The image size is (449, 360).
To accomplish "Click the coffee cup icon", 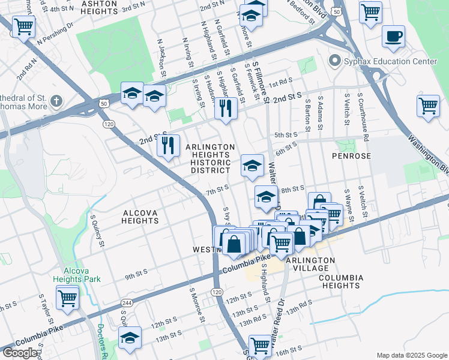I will coord(394,37).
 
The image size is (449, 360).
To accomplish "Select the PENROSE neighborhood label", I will coord(352,155).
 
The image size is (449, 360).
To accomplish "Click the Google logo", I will coord(20,353).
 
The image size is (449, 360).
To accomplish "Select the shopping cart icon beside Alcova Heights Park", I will coord(67,296).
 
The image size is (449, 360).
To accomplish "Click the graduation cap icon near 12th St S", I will coord(130,339).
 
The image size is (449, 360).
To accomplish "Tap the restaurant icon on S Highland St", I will coord(226,109).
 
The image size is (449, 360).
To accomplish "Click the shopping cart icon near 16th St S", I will coord(260,345).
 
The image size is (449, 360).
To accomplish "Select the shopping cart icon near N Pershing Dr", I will coord(23,26).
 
